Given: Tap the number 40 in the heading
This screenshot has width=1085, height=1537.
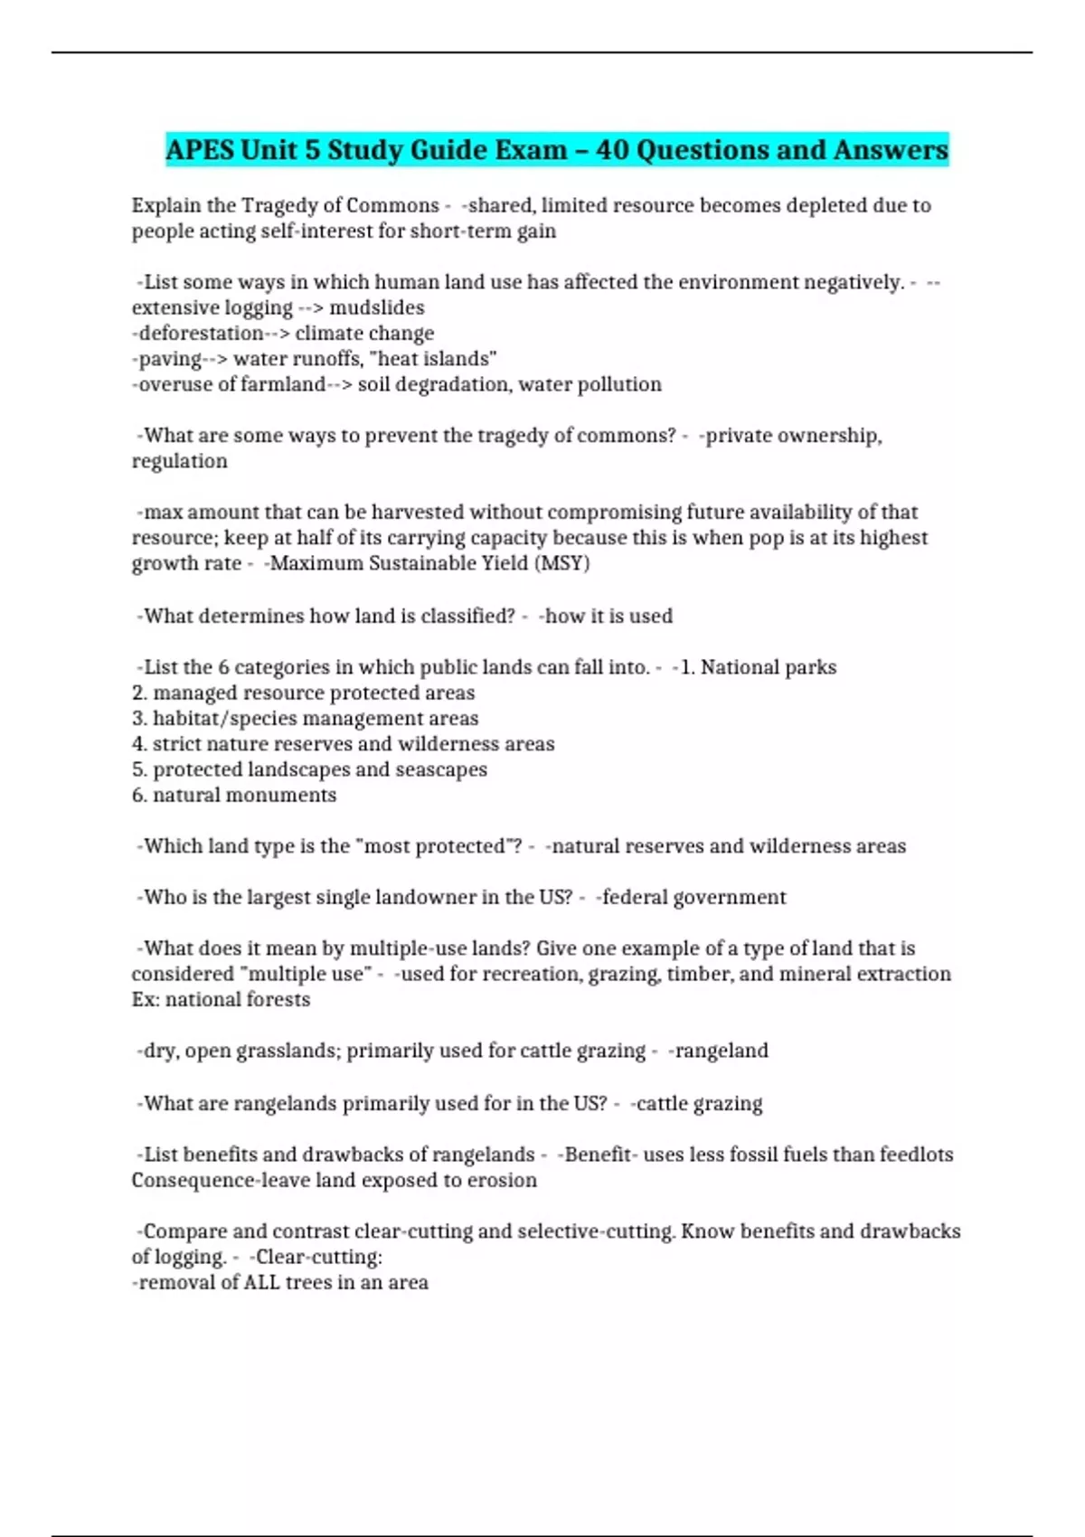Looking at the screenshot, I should pyautogui.click(x=613, y=149).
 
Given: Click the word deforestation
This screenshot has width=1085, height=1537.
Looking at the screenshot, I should pyautogui.click(x=201, y=333).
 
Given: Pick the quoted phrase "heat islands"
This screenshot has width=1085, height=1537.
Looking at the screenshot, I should pyautogui.click(x=433, y=358).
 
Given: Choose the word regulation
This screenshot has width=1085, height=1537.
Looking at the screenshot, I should pyautogui.click(x=179, y=461).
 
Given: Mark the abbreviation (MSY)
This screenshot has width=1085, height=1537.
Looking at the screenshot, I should pyautogui.click(x=561, y=563).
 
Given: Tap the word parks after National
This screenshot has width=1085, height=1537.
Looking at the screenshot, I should pyautogui.click(x=808, y=667).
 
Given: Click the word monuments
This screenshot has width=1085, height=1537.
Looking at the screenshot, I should pyautogui.click(x=292, y=795).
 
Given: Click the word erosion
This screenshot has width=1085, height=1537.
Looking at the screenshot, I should pyautogui.click(x=502, y=1180).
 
